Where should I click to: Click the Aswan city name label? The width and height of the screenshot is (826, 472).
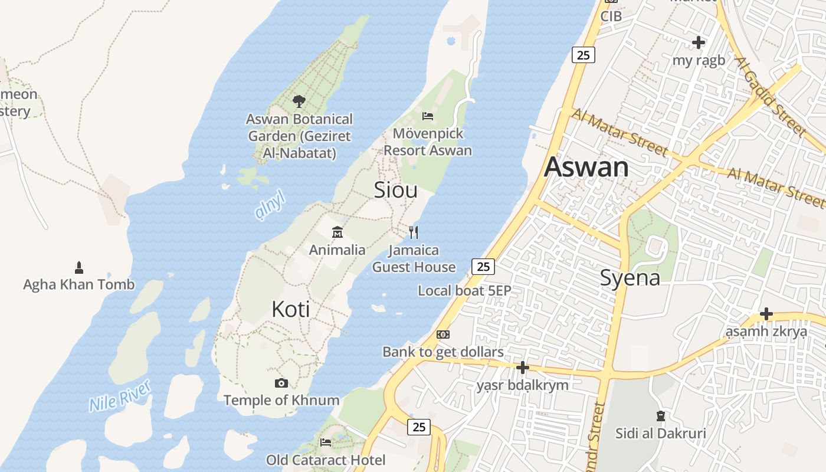click(x=586, y=167)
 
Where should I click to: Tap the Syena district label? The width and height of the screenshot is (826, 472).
click(x=630, y=277)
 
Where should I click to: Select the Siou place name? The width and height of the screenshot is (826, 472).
click(x=395, y=189)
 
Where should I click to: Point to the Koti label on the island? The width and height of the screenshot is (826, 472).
click(x=290, y=309)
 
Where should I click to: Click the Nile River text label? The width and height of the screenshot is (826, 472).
click(x=120, y=396)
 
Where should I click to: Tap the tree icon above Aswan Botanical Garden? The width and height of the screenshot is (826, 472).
click(x=299, y=101)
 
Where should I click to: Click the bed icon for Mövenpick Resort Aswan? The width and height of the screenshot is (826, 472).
click(x=428, y=116)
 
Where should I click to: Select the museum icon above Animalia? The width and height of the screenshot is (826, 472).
click(x=337, y=232)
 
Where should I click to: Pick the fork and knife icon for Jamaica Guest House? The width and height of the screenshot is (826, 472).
click(x=414, y=232)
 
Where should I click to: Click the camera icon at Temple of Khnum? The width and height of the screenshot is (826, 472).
click(x=281, y=383)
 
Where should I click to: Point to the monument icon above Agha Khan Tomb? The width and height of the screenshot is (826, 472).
click(x=79, y=268)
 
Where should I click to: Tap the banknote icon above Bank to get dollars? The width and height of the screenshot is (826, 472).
click(x=443, y=335)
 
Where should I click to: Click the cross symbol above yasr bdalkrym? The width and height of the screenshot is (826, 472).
click(x=522, y=368)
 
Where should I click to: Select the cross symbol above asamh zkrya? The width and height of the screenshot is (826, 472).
click(x=766, y=314)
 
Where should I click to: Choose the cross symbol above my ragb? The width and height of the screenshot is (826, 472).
click(x=699, y=42)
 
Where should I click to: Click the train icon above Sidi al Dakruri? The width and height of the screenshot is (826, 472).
click(x=660, y=417)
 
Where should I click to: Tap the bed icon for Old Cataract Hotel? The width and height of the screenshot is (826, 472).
click(x=326, y=442)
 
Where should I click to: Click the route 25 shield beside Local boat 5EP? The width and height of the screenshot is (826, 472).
click(x=483, y=267)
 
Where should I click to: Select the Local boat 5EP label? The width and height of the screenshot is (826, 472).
click(x=464, y=290)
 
